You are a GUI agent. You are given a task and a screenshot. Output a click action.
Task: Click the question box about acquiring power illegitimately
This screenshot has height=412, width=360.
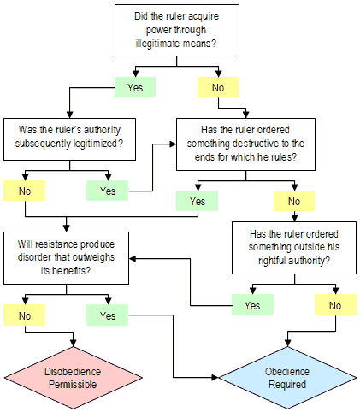[x=177, y=30]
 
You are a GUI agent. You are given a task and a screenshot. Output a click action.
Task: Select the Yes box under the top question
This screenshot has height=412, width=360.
[x=135, y=87]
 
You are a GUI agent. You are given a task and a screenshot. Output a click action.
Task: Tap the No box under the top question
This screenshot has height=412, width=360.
[x=218, y=87]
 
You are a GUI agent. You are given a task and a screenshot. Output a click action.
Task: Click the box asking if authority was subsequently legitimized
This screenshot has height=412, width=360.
[x=69, y=139]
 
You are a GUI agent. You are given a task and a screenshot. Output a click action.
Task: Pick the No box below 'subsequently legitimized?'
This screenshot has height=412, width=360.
[x=25, y=191]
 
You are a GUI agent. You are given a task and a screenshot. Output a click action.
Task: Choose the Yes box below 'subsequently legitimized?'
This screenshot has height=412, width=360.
[x=108, y=191]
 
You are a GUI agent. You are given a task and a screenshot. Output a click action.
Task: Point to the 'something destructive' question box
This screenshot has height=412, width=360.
[x=245, y=144]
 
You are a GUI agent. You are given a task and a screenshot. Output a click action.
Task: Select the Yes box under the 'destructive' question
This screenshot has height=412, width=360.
[x=198, y=201]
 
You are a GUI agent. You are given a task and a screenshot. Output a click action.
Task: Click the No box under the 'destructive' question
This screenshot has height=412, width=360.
[x=294, y=201]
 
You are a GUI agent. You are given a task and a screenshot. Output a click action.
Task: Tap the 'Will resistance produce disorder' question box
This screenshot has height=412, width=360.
[x=66, y=258]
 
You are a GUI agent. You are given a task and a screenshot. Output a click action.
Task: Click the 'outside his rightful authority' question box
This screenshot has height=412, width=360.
[x=294, y=248]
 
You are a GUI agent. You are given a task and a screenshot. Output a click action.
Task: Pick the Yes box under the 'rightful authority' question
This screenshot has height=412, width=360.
[x=252, y=305]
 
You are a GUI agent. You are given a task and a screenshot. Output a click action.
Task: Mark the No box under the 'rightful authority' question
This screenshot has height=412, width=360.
[x=335, y=305]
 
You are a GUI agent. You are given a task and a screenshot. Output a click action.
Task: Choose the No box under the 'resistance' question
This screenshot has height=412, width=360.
[x=25, y=315]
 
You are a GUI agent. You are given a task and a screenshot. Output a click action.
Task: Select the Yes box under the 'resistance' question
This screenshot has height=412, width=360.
[x=108, y=315]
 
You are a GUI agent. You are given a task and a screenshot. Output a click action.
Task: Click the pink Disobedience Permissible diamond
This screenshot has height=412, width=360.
[x=74, y=378]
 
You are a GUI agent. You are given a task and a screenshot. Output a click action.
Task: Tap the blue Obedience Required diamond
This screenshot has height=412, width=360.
[x=287, y=378]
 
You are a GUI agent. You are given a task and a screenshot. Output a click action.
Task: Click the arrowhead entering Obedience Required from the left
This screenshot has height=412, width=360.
[x=215, y=378]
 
